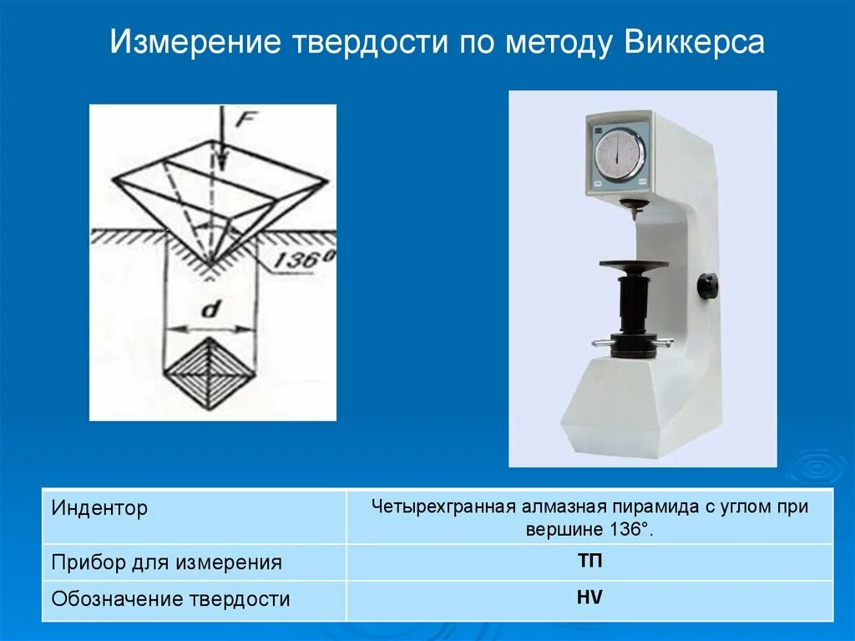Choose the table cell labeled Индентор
(x=100, y=507)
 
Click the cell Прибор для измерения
(x=166, y=562)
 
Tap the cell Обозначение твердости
(x=170, y=598)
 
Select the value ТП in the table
(x=589, y=561)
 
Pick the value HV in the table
(x=589, y=598)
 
